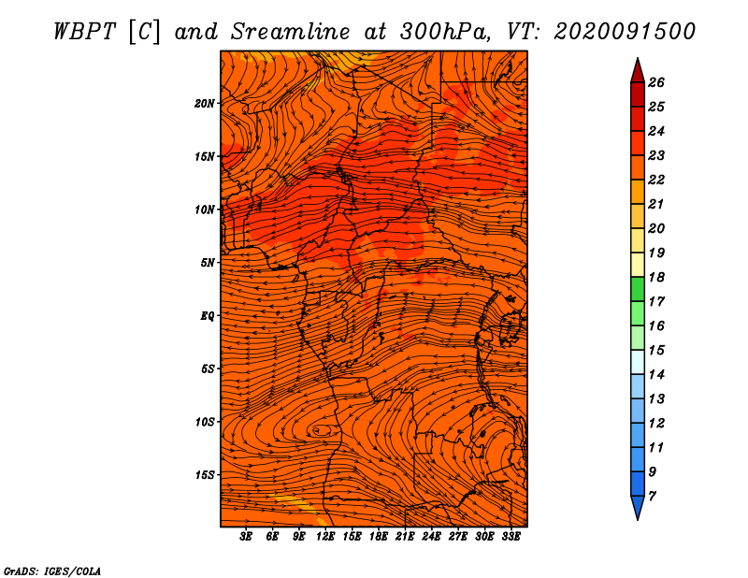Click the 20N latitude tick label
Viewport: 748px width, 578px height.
[x=205, y=104]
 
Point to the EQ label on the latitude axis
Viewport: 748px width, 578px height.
[x=208, y=316]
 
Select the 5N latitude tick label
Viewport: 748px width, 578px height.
[x=208, y=263]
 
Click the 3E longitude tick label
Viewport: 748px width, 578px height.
[x=246, y=537]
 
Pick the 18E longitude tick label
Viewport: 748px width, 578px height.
[x=379, y=537]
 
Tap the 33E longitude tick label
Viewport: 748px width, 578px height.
[x=511, y=537]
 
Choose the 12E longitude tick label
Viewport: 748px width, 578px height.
[x=325, y=537]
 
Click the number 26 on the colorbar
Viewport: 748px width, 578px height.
[x=656, y=82]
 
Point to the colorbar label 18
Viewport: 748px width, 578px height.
[x=656, y=277]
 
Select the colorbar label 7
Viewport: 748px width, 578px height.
[x=652, y=497]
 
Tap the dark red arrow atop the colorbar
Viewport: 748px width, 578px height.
[x=638, y=70]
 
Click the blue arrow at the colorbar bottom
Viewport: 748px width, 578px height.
[x=638, y=508]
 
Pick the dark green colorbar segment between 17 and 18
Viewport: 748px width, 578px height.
[x=638, y=289]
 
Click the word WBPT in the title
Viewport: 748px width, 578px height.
[x=84, y=32]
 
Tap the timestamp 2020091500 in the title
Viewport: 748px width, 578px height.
[x=625, y=32]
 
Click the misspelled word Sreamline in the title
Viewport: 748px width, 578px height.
[x=291, y=32]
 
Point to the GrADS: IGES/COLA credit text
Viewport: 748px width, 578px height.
[x=52, y=571]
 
